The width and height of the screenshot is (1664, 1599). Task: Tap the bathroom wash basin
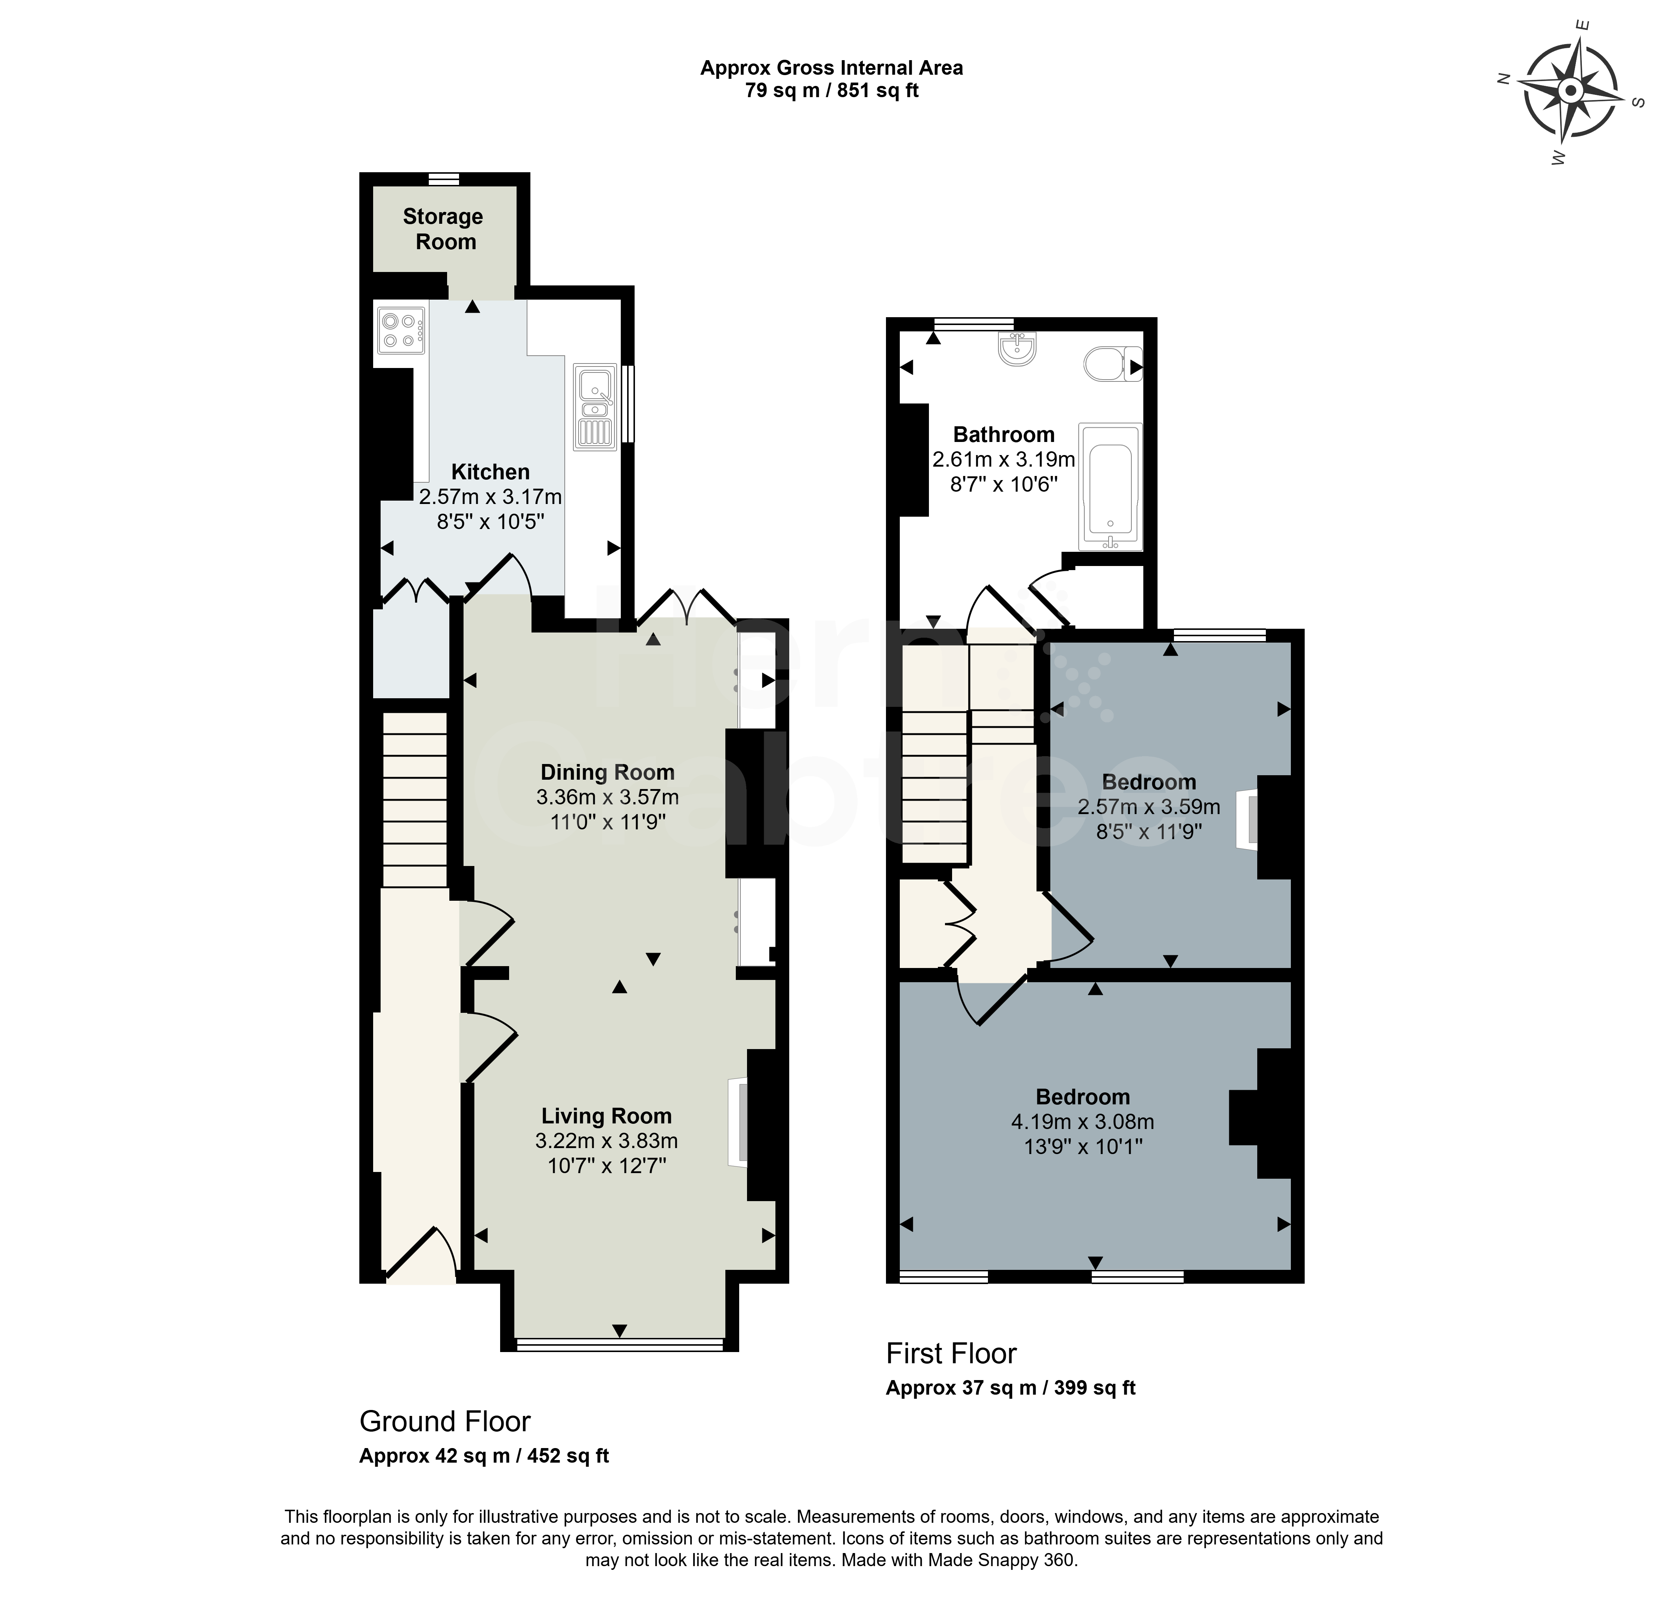(1016, 348)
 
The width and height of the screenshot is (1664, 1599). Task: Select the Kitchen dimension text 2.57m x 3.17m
(491, 496)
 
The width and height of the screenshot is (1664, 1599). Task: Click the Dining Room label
(608, 772)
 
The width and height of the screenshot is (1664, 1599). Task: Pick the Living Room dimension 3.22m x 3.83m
(607, 1141)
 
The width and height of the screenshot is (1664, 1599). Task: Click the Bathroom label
(1004, 435)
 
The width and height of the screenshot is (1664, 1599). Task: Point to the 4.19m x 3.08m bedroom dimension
(1082, 1122)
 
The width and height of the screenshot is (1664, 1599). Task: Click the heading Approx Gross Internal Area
(831, 68)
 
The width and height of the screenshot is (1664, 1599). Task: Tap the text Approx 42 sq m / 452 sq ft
(484, 1456)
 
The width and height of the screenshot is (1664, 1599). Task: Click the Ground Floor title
(445, 1421)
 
